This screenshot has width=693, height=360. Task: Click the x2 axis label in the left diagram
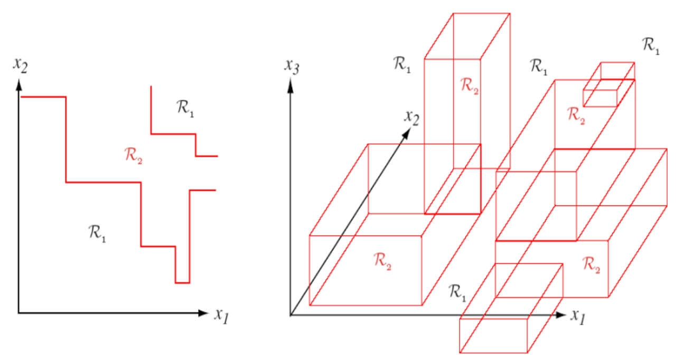[21, 65]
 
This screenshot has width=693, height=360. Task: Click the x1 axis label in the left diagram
[221, 315]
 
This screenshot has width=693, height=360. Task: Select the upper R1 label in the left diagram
[185, 108]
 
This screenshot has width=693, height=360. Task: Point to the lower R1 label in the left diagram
[97, 232]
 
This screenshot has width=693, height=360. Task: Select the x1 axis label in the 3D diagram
[578, 315]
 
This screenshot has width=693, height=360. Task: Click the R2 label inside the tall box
[470, 85]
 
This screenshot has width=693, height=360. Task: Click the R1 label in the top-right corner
[651, 45]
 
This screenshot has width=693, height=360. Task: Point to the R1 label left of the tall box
[403, 65]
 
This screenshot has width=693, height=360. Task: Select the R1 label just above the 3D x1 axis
[457, 291]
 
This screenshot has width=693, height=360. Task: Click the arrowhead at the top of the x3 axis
[290, 84]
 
